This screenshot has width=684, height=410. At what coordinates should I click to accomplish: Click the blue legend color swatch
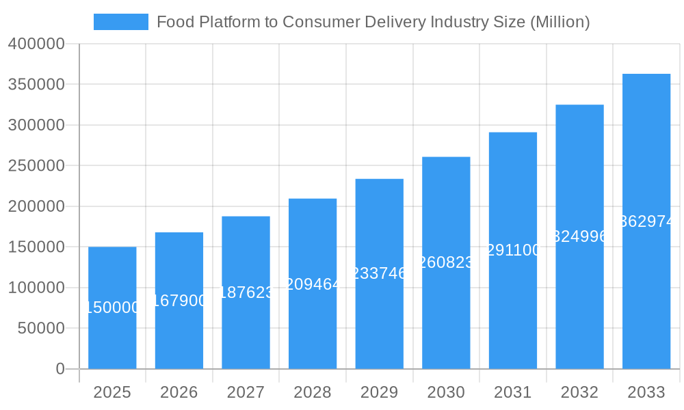121,22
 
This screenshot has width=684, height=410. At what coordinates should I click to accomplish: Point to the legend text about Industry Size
373,22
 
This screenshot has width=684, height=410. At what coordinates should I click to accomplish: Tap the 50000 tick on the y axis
40,329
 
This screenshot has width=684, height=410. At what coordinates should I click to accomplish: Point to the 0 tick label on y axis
60,369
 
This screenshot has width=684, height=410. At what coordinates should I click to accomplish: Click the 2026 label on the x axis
179,392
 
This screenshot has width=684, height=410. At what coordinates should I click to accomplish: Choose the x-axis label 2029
379,392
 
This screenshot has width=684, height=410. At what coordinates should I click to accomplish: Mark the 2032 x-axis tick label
579,392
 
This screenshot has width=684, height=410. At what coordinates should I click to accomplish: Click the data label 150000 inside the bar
112,308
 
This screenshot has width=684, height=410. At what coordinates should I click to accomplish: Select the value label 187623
246,292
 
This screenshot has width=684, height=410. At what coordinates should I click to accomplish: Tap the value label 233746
379,273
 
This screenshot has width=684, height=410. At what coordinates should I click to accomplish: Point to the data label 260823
446,262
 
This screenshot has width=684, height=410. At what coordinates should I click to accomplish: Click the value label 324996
579,236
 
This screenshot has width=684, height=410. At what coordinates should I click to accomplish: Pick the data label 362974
646,221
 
